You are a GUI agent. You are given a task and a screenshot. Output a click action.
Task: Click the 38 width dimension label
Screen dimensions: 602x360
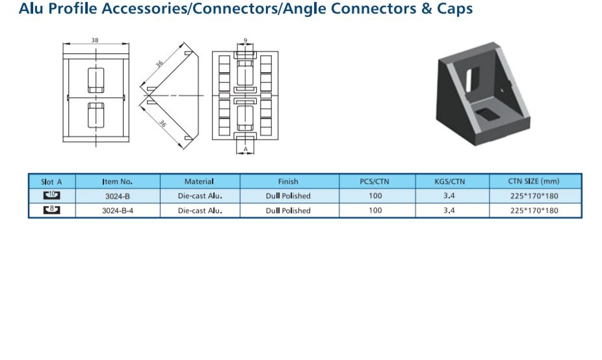pyautogui.click(x=95, y=40)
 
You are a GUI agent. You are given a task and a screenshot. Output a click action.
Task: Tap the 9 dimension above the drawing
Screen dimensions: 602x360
pyautogui.click(x=245, y=40)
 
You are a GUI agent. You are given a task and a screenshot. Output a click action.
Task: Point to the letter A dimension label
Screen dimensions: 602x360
pyautogui.click(x=246, y=149)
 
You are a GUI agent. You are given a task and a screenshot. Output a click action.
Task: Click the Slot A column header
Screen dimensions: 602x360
pyautogui.click(x=51, y=182)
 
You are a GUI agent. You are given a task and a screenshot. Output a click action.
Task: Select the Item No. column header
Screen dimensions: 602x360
pyautogui.click(x=118, y=181)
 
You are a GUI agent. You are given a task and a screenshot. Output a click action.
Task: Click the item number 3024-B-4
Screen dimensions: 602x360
pyautogui.click(x=118, y=211)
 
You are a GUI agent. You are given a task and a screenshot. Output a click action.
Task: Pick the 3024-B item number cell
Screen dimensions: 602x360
pyautogui.click(x=118, y=196)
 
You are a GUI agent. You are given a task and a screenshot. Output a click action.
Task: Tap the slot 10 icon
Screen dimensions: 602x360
pyautogui.click(x=51, y=196)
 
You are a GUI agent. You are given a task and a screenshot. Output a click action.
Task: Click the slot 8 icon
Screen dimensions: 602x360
pyautogui.click(x=51, y=209)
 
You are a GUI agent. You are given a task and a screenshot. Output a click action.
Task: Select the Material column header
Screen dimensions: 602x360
pyautogui.click(x=199, y=181)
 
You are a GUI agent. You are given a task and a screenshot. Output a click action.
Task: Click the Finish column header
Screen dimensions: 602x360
pyautogui.click(x=288, y=181)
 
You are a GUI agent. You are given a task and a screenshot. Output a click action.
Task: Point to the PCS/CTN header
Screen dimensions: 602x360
pyautogui.click(x=374, y=181)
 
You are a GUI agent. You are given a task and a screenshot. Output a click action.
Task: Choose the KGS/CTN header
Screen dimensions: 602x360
pyautogui.click(x=450, y=181)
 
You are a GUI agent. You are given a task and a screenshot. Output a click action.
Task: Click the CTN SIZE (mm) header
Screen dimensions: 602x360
pyautogui.click(x=534, y=181)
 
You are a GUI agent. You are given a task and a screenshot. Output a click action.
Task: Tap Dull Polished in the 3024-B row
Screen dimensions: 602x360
pyautogui.click(x=288, y=196)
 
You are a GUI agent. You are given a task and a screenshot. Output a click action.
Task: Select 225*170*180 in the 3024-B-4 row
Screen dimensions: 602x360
pyautogui.click(x=534, y=211)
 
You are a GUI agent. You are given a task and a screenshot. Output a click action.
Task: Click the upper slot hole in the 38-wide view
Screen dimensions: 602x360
pyautogui.click(x=96, y=80)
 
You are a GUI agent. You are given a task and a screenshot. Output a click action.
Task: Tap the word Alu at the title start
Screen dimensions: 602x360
pyautogui.click(x=31, y=8)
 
